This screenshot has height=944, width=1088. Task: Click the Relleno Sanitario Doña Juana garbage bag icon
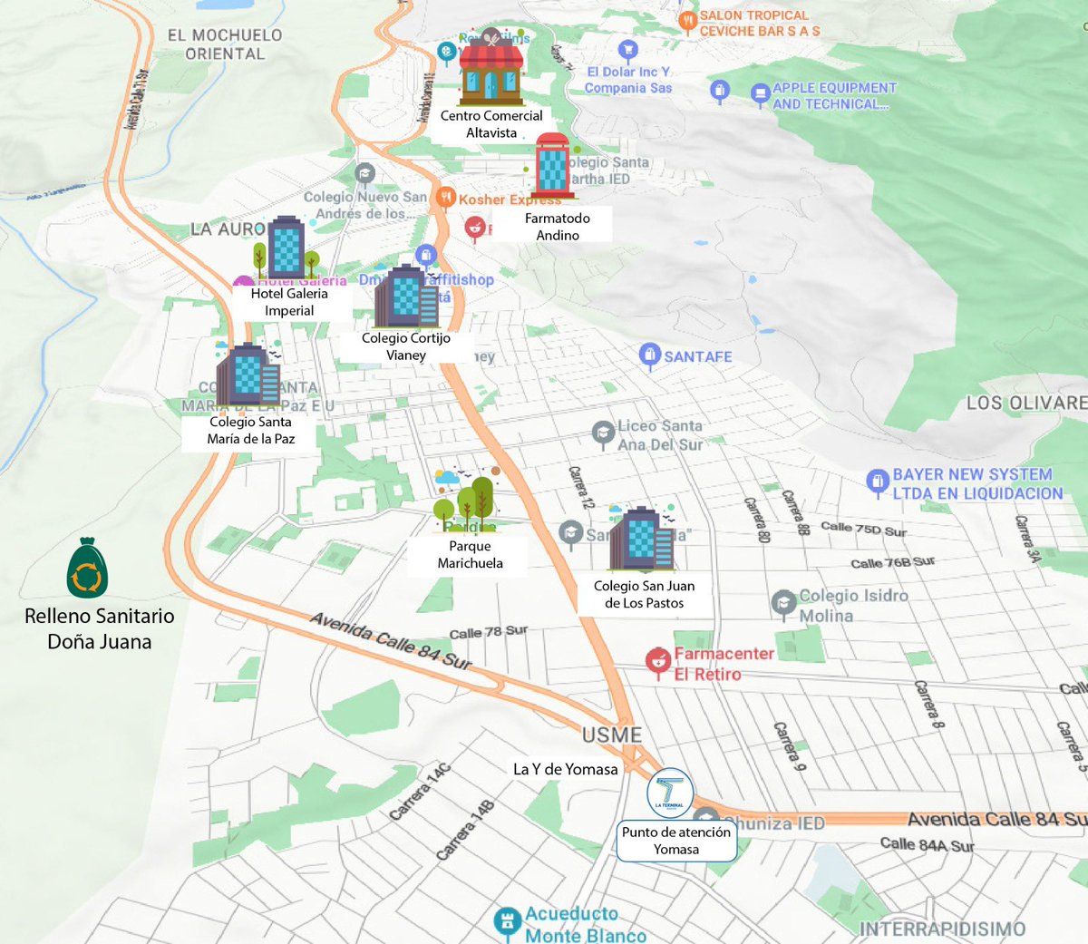pos(87,569)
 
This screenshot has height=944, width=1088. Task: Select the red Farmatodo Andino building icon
pos(552,166)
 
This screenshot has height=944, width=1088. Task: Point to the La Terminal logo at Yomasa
pos(671,794)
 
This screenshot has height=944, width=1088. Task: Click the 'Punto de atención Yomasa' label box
pos(676,841)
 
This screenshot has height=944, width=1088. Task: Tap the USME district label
pos(612,735)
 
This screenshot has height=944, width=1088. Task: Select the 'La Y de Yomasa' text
pos(565,769)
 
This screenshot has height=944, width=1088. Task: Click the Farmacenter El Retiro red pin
pos(657,662)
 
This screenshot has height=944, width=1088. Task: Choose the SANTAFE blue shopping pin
pos(649,355)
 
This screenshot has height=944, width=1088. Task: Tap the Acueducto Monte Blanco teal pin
pos(507,922)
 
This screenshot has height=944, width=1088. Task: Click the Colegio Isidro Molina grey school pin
pos(783,603)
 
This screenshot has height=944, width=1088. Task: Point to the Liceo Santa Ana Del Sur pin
pos(603,433)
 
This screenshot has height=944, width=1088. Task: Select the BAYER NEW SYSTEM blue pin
pos(877,482)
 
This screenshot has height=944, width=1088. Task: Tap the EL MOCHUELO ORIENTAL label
pos(225,44)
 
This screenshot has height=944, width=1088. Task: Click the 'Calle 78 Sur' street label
pos(488,632)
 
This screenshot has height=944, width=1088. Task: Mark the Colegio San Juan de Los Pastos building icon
pos(641,540)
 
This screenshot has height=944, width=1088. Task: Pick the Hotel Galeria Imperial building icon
pos(287,248)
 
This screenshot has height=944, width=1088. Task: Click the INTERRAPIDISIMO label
pos(942,929)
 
